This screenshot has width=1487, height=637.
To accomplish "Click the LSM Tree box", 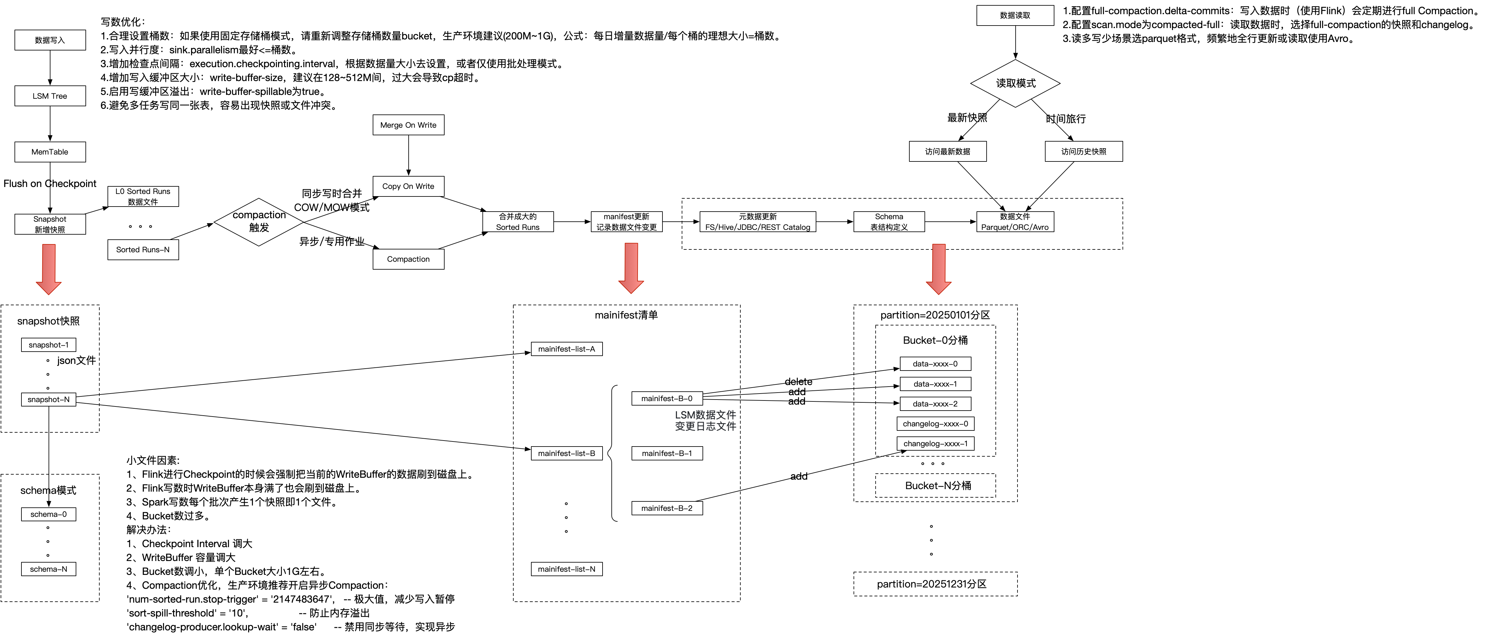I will pyautogui.click(x=50, y=96).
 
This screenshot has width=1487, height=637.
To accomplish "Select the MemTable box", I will pyautogui.click(x=50, y=152).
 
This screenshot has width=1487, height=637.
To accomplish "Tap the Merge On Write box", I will pyautogui.click(x=408, y=125).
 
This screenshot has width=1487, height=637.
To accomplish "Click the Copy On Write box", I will pyautogui.click(x=408, y=186).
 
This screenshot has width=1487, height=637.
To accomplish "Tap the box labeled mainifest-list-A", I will pyautogui.click(x=566, y=349).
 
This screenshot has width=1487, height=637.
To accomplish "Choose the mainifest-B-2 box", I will pyautogui.click(x=667, y=508).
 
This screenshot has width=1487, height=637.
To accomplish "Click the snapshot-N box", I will pyautogui.click(x=49, y=399).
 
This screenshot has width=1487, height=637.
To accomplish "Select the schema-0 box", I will pyautogui.click(x=49, y=514).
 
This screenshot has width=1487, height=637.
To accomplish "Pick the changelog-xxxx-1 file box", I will pyautogui.click(x=935, y=443).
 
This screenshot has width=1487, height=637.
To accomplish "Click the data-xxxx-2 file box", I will pyautogui.click(x=935, y=404).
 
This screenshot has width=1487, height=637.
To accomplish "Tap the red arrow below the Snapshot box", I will pyautogui.click(x=49, y=269).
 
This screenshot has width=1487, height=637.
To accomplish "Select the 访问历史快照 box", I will pyautogui.click(x=1083, y=151).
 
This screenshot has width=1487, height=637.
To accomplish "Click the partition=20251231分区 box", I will pyautogui.click(x=935, y=584).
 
